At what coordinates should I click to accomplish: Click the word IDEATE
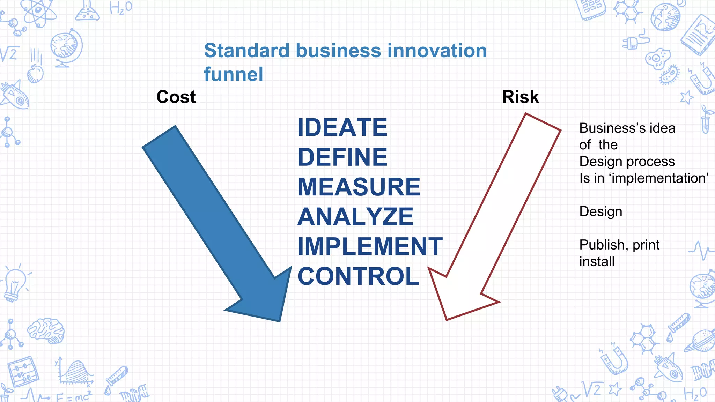342,128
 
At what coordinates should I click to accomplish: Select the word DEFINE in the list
342,157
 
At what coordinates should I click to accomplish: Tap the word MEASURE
359,187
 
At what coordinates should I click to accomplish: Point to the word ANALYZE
355,217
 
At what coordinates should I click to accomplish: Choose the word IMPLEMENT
370,246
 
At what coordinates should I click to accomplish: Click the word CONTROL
358,276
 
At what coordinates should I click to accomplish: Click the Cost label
176,97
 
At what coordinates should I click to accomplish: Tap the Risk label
520,97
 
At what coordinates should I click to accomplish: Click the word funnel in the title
233,74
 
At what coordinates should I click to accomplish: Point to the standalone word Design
600,211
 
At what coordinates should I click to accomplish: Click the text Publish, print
619,245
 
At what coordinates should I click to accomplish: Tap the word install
597,262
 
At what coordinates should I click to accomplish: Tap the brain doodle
46,330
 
